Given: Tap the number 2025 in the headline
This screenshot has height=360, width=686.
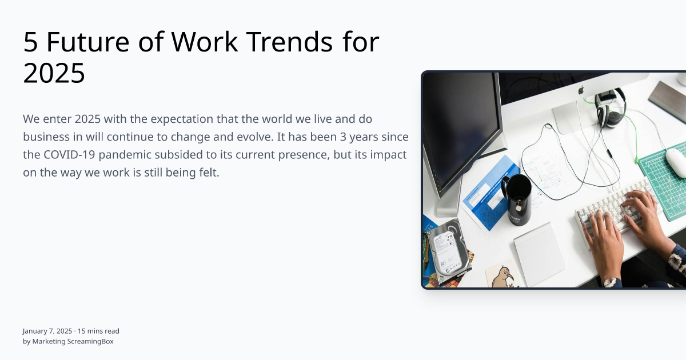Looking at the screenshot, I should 54,74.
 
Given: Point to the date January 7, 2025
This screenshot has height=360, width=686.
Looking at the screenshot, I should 47,331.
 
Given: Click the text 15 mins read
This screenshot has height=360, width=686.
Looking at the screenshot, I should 98,331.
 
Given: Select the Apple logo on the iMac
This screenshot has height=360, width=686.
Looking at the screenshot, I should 581,90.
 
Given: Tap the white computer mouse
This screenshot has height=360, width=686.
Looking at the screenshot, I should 676,162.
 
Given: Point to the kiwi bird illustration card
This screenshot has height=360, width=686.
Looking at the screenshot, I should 502,275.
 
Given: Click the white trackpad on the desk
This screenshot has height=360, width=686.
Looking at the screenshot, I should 539,254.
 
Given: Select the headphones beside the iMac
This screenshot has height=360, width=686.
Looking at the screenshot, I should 609,109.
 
